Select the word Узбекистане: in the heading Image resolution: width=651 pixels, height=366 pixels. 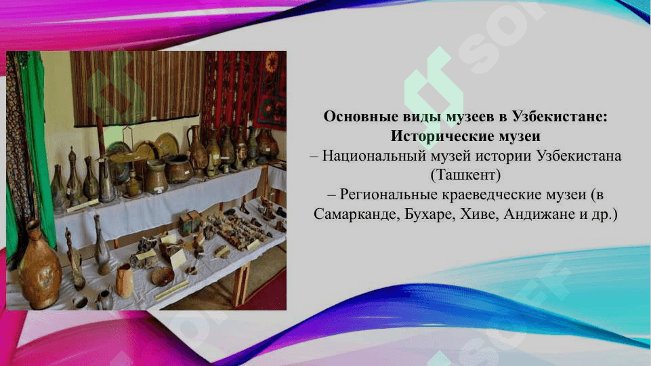click(x=560, y=117)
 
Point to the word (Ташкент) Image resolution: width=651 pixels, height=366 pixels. click(x=465, y=175)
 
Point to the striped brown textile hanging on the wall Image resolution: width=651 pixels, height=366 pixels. click(x=136, y=88)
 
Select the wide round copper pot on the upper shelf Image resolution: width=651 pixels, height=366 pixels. click(x=179, y=169)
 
